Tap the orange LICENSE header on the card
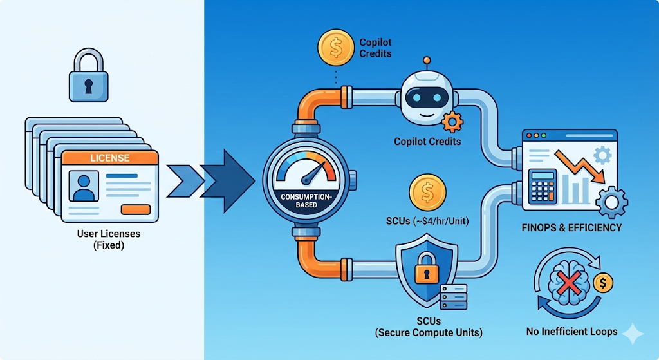pos(109,158)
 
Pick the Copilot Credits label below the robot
pos(427,141)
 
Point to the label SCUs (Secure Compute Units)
pos(428,327)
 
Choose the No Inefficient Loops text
pos(571,332)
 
